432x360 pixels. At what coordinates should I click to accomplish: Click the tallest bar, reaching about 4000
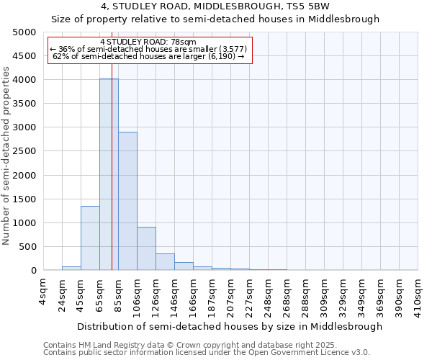109,174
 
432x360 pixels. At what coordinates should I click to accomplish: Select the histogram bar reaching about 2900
127,201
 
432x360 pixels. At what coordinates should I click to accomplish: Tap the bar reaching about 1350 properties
90,238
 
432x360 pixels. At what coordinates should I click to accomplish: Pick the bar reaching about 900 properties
146,248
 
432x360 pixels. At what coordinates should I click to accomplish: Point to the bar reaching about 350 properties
165,262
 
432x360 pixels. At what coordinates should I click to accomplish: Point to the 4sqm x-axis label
45,292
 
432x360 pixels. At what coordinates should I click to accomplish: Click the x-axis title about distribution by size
230,326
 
